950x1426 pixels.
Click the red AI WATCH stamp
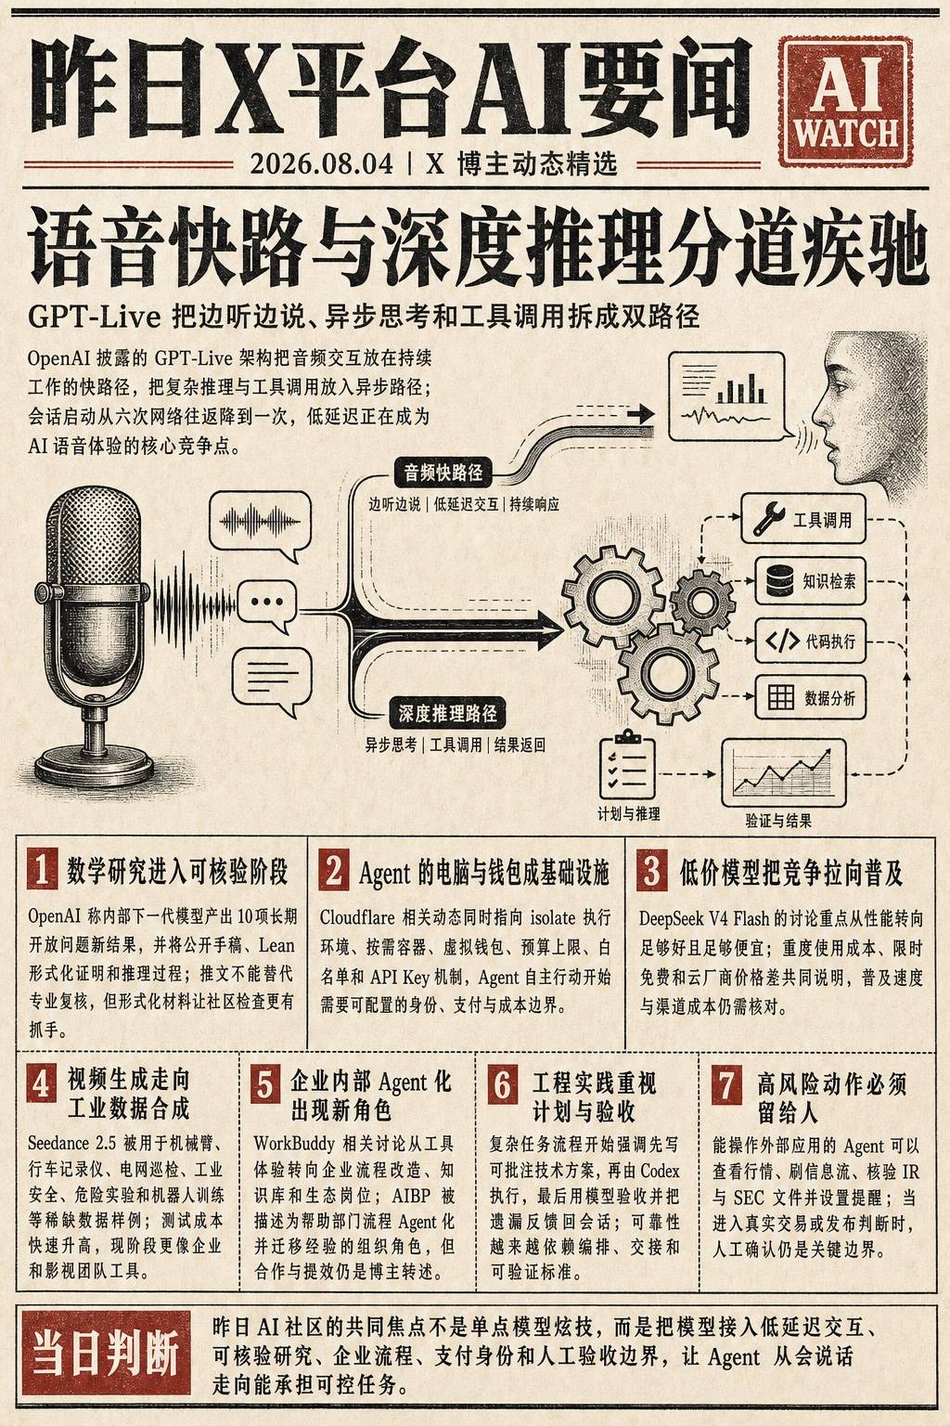click(845, 101)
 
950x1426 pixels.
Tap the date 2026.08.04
click(321, 163)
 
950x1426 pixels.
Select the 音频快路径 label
click(443, 473)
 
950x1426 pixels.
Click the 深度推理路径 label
click(447, 714)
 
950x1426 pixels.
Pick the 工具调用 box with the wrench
click(803, 519)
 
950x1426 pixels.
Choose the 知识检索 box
click(810, 580)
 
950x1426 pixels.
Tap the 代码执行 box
click(810, 641)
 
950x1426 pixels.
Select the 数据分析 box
click(810, 698)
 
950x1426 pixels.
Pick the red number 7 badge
click(726, 1084)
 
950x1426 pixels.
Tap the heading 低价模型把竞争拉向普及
click(791, 872)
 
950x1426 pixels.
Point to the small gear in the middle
click(702, 602)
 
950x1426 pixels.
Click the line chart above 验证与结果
click(783, 772)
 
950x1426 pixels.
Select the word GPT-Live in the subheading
click(94, 316)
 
